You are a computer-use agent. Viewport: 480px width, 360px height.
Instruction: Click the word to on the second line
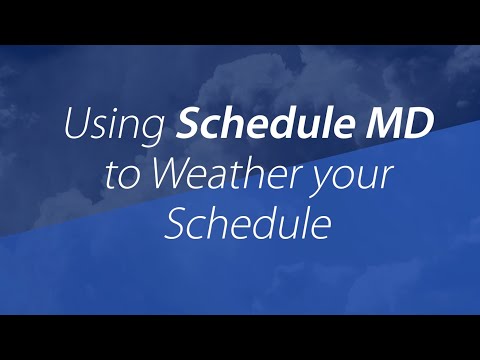pos(145,178)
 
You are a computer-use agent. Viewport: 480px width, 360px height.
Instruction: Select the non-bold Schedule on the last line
pos(247,226)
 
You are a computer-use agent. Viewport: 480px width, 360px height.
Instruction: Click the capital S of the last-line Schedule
pos(175,226)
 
